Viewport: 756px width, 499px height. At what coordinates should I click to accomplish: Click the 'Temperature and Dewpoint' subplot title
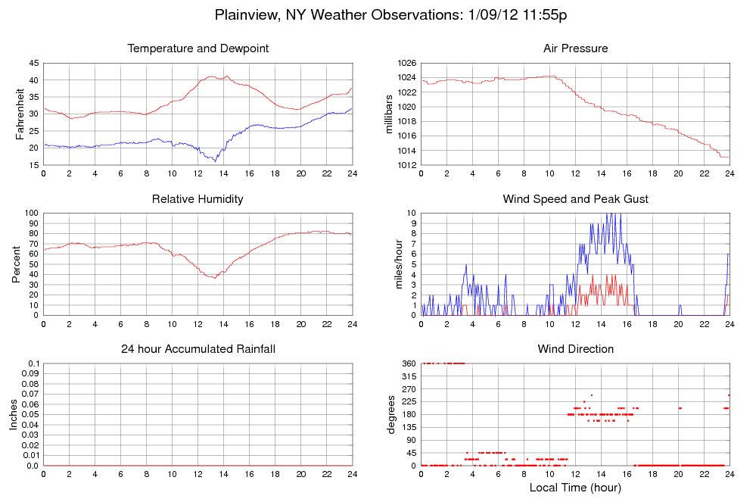198,49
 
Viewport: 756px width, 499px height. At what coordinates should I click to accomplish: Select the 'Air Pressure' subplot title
575,49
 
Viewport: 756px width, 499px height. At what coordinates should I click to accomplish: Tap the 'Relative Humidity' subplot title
198,199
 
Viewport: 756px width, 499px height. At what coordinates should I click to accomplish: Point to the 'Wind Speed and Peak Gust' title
575,199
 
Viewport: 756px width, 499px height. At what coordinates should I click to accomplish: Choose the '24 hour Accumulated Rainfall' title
198,349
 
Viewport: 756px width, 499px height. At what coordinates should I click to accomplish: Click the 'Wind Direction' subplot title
575,349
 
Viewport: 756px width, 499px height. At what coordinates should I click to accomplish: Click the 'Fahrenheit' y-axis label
20,114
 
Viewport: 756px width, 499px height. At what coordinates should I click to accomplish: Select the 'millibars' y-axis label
390,114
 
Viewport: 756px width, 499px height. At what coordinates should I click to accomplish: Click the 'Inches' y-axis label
14,415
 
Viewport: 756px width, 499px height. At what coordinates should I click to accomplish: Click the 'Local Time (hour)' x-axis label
575,487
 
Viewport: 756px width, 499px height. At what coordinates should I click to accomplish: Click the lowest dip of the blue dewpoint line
215,161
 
